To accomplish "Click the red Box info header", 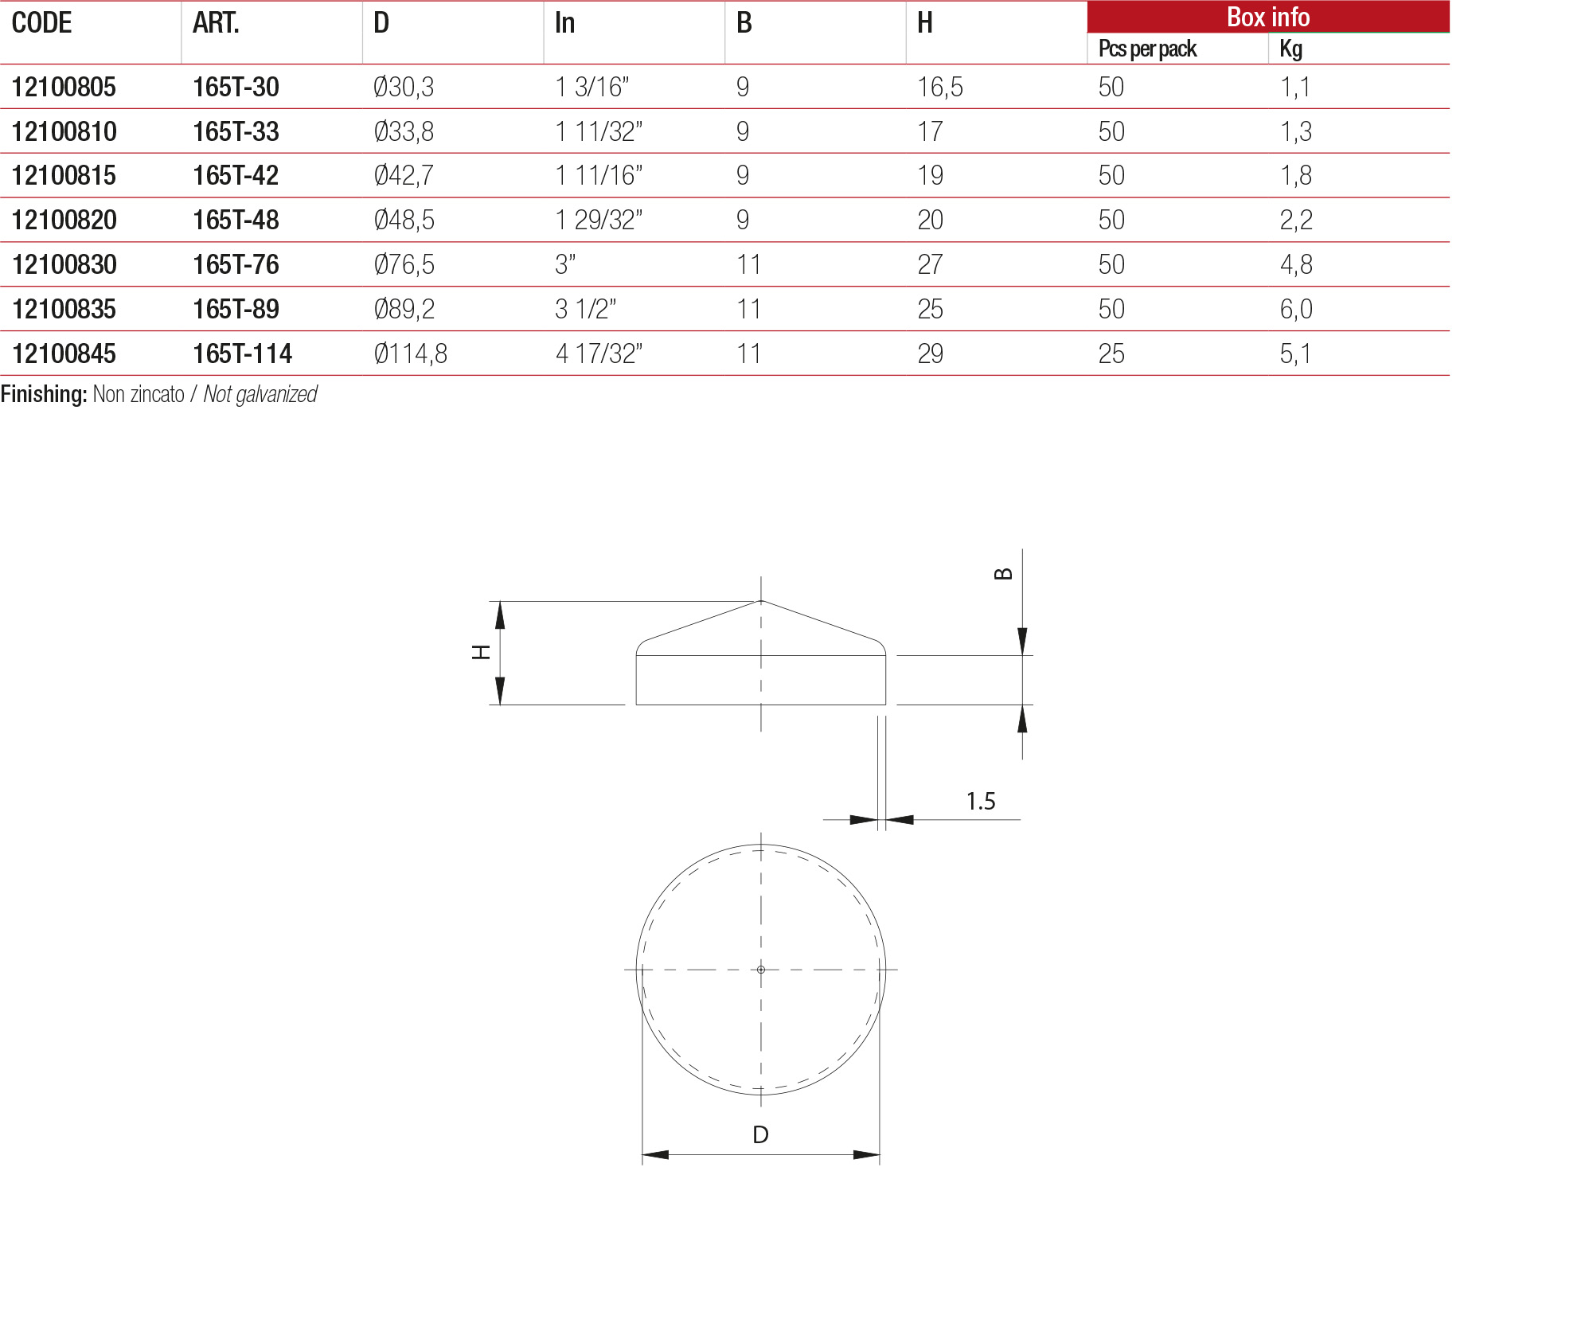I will pyautogui.click(x=1267, y=17).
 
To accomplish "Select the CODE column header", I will pyautogui.click(x=41, y=23).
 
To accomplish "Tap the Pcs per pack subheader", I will pyautogui.click(x=1146, y=49).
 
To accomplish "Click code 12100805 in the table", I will pyautogui.click(x=64, y=87).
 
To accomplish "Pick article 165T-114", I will pyautogui.click(x=242, y=353).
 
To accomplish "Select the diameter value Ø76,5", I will pyautogui.click(x=404, y=264).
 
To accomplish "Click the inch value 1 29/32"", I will pyautogui.click(x=598, y=220).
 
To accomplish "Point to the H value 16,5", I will pyautogui.click(x=939, y=87).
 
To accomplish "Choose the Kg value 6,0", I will pyautogui.click(x=1295, y=309).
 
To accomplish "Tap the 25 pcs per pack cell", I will pyautogui.click(x=1111, y=353).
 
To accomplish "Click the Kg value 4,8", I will pyautogui.click(x=1295, y=264).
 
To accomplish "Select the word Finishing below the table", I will pyautogui.click(x=43, y=394).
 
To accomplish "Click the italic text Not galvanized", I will pyautogui.click(x=260, y=394).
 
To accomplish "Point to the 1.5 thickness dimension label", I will pyautogui.click(x=980, y=801).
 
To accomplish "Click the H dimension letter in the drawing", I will pyautogui.click(x=481, y=653).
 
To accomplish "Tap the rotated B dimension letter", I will pyautogui.click(x=1003, y=574).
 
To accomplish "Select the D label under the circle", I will pyautogui.click(x=760, y=1134).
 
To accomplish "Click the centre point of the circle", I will pyautogui.click(x=761, y=970).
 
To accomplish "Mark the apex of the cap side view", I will pyautogui.click(x=761, y=601).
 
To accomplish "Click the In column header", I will pyautogui.click(x=564, y=23).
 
